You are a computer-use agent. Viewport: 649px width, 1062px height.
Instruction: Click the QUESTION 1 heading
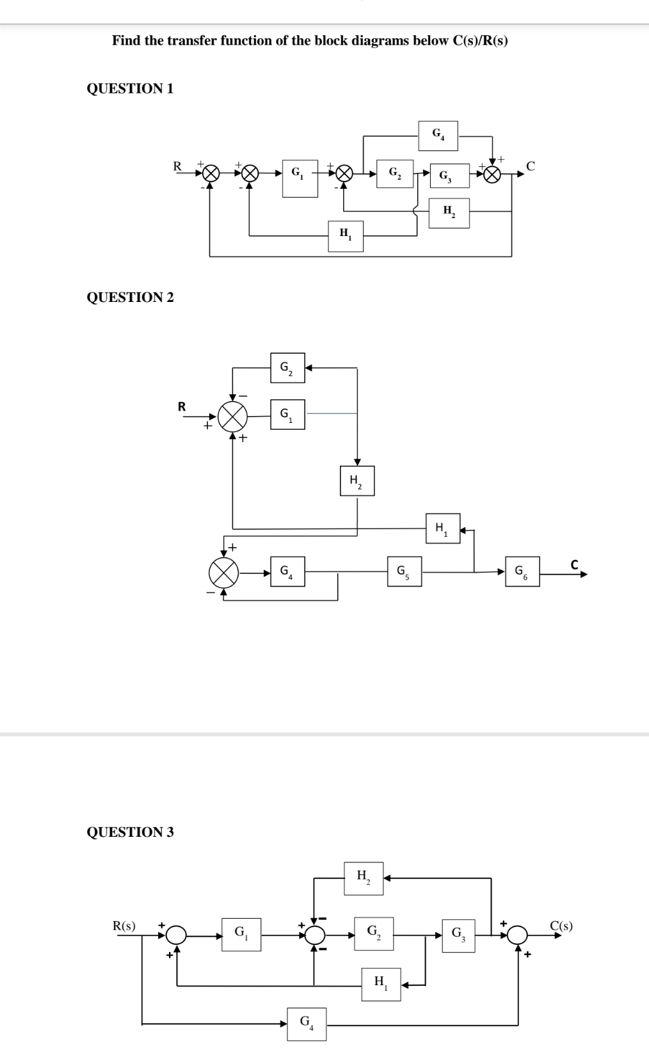click(130, 88)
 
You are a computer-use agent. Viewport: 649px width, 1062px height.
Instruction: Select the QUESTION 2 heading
click(130, 297)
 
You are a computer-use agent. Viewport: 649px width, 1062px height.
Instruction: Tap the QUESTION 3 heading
click(130, 832)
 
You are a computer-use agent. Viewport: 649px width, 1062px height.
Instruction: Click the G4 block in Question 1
click(438, 136)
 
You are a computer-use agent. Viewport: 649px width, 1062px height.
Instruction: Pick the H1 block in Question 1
click(346, 236)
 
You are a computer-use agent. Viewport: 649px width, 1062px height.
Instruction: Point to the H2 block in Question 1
click(450, 213)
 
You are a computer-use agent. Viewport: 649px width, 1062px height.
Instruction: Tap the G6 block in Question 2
click(522, 571)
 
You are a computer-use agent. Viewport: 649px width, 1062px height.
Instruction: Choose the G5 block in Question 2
click(404, 571)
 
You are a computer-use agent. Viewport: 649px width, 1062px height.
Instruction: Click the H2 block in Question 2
click(357, 480)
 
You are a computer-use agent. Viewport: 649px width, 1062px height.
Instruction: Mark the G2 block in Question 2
click(287, 368)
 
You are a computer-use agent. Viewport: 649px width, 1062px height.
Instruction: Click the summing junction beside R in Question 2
click(232, 418)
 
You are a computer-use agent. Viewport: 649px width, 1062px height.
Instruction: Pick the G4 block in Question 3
click(308, 1024)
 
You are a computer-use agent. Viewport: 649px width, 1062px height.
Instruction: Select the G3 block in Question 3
click(458, 935)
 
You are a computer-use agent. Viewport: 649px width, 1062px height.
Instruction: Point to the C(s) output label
click(561, 925)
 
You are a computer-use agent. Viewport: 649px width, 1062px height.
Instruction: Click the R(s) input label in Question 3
click(124, 925)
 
